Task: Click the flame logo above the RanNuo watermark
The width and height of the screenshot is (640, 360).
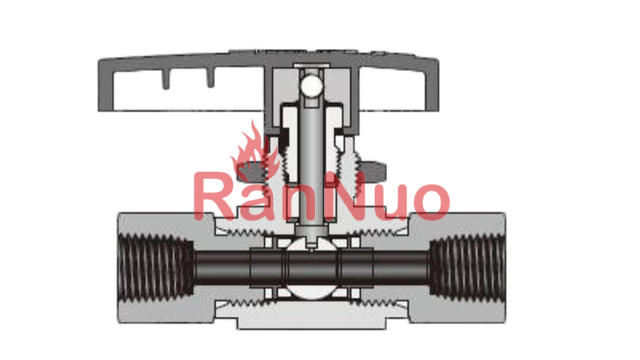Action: (255, 153)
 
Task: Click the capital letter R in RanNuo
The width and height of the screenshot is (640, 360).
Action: (214, 196)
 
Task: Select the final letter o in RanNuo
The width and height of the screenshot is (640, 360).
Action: (431, 202)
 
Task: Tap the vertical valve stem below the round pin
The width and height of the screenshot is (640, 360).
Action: (311, 163)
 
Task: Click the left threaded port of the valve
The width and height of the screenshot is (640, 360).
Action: (156, 267)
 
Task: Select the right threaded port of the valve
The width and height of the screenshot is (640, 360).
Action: (468, 267)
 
